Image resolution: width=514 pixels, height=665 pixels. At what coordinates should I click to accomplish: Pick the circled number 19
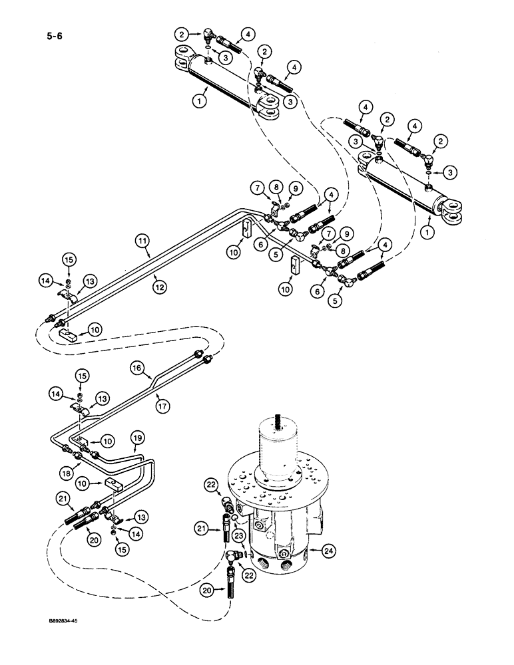(137, 439)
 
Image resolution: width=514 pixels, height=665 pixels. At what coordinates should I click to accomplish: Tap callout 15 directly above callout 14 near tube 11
(69, 257)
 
